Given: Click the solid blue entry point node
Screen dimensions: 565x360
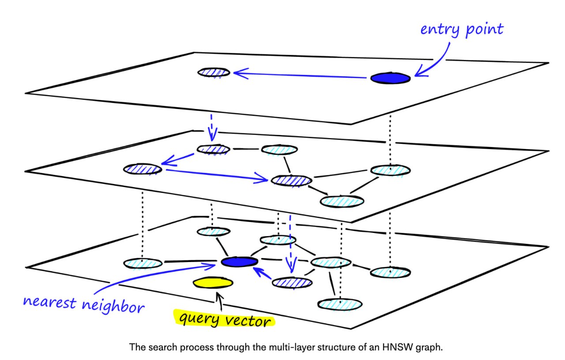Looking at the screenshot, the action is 390,78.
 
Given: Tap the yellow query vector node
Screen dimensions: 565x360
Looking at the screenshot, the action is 213,283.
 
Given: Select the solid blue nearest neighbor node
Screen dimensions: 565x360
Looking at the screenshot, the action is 239,262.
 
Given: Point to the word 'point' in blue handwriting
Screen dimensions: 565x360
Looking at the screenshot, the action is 484,30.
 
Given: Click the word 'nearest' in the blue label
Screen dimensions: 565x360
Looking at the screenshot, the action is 49,302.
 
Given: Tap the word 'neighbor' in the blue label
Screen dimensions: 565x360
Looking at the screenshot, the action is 113,306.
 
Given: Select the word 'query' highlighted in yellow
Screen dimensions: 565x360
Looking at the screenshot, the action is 199,318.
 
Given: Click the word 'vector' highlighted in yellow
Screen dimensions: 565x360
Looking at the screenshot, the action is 248,321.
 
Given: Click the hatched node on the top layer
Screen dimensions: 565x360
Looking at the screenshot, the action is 214,73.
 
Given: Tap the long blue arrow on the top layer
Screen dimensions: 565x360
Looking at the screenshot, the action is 300,75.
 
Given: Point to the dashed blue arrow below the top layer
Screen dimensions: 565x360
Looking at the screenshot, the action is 212,128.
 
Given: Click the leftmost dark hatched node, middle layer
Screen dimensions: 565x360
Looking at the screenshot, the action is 143,169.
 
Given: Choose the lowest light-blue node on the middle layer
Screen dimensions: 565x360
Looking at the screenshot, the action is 342,202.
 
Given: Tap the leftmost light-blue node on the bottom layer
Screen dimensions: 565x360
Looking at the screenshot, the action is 143,263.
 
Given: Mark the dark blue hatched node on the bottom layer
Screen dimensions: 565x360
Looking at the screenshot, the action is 292,283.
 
